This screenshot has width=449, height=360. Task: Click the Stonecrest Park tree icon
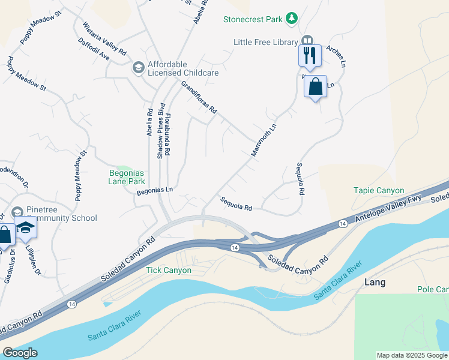click(292, 19)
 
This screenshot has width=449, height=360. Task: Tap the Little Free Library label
click(266, 42)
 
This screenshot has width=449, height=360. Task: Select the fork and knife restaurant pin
click(310, 56)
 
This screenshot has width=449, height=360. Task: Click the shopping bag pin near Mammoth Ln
click(315, 87)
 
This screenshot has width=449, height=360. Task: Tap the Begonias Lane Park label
click(127, 176)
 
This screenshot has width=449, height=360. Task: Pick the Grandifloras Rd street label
click(199, 99)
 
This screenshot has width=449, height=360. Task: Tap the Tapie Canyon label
click(378, 190)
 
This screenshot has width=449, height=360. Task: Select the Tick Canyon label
click(169, 270)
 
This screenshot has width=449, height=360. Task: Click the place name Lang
click(375, 282)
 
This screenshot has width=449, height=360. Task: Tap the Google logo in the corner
click(19, 353)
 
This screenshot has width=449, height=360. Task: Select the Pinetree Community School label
click(53, 214)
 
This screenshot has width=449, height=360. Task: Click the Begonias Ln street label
click(155, 190)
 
